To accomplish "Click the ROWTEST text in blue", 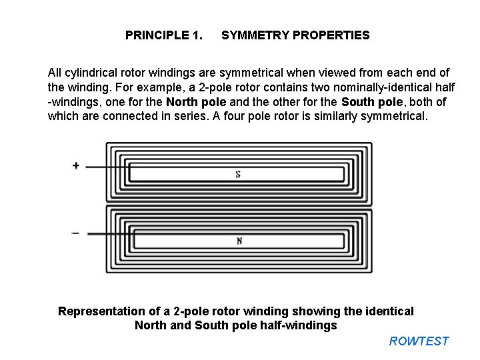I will pos(419,341).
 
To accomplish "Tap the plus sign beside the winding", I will pos(76,165).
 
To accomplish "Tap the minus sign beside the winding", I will pos(75,233).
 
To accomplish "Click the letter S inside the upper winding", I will pos(238,175).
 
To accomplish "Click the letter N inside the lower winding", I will pos(239,241).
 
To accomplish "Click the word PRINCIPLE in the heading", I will pos(156,35).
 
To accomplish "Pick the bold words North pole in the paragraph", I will pos(196,101).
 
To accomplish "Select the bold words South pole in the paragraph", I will pos(371,101).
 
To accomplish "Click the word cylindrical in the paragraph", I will pos(90,72).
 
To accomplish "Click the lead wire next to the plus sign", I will pos(107,167).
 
